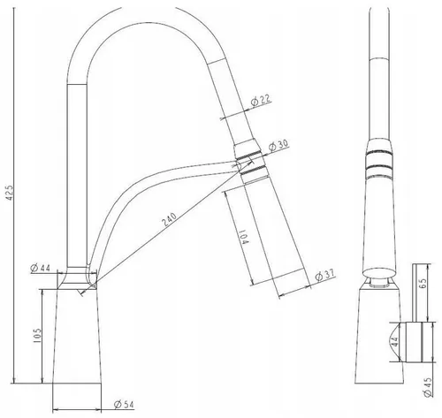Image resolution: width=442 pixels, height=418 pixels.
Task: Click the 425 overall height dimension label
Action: (x=10, y=193)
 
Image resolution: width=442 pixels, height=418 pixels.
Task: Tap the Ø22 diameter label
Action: (x=261, y=101)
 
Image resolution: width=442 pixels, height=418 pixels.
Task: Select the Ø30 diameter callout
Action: (x=278, y=145)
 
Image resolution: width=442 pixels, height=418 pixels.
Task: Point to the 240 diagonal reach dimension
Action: (x=170, y=219)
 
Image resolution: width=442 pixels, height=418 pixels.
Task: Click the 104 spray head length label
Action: (x=244, y=237)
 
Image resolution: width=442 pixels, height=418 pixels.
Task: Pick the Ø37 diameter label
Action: (x=324, y=276)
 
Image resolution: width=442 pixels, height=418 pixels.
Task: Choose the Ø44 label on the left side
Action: (x=40, y=268)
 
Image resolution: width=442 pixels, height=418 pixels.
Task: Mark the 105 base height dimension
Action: (x=37, y=335)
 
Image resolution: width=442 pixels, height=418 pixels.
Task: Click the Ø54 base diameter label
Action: (x=124, y=405)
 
